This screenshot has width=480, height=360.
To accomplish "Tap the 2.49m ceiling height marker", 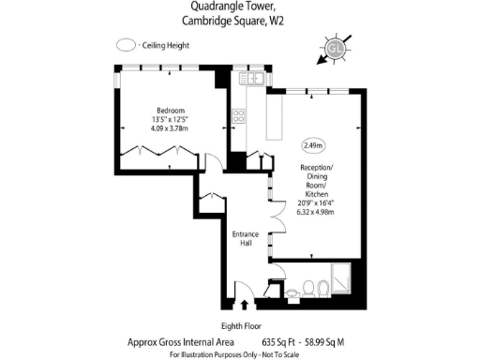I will tap(312, 145).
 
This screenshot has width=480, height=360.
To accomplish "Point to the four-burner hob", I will tap(238, 117).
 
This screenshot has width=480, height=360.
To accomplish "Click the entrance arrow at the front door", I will tap(246, 305).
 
